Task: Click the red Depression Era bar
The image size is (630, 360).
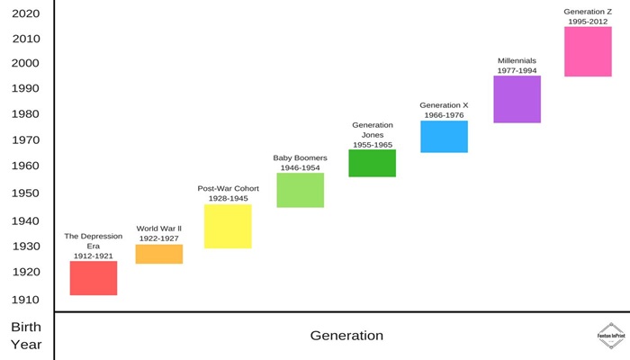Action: click(94, 278)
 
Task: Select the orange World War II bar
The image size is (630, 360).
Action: click(159, 254)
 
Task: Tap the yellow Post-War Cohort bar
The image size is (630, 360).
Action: click(228, 226)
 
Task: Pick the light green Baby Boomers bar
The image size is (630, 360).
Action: click(300, 190)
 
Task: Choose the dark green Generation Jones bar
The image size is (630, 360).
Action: click(372, 163)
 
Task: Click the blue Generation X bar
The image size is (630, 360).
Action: click(444, 137)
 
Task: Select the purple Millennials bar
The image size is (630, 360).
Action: click(517, 99)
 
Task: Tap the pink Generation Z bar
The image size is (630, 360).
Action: click(588, 51)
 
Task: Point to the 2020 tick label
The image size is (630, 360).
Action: click(26, 13)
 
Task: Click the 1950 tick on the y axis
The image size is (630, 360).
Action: click(25, 193)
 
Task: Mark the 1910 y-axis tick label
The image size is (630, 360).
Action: click(25, 300)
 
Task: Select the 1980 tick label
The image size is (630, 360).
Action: click(25, 114)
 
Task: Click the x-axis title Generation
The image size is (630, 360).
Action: click(346, 336)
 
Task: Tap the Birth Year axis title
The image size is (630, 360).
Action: click(26, 336)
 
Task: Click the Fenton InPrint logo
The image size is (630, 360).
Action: click(611, 336)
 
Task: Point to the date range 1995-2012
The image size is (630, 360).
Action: click(588, 22)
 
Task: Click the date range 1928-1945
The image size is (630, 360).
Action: click(229, 199)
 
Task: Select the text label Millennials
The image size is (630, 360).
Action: click(517, 60)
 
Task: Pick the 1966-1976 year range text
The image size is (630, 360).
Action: click(444, 115)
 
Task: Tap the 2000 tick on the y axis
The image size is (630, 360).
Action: click(25, 63)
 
